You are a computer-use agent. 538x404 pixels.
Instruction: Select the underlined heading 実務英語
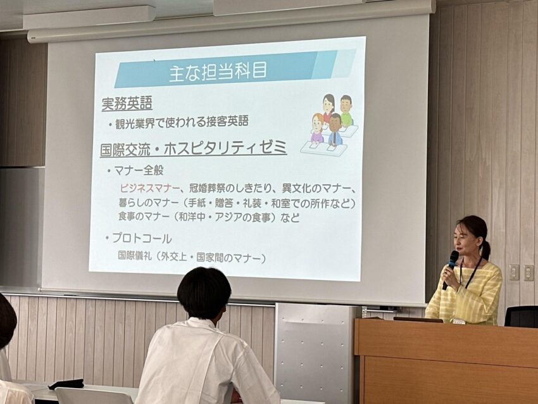coord(127,103)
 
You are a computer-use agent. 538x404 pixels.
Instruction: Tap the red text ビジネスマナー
coord(149,188)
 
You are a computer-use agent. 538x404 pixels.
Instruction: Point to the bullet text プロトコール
coord(142,238)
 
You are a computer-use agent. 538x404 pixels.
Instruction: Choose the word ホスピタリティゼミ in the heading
coord(225,148)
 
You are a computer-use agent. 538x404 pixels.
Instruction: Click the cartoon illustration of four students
coord(329,123)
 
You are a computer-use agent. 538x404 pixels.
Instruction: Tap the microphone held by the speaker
coord(451,268)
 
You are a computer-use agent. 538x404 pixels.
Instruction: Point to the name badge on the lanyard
coord(459,321)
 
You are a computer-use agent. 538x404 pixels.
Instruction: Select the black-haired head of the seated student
coord(204,294)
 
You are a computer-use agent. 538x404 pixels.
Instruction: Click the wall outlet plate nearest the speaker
coord(514,272)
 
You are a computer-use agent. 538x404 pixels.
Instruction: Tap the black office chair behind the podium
coord(521,316)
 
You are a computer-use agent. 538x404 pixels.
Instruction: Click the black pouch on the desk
coord(66,384)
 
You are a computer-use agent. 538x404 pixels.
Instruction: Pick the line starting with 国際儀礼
coord(191,257)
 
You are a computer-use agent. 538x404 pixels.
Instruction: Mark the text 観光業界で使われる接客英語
coord(182,122)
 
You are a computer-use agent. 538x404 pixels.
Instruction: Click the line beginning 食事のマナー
coord(210,217)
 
